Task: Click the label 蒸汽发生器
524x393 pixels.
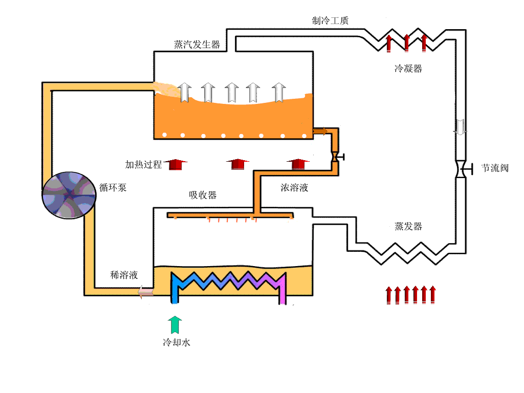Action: point(197,45)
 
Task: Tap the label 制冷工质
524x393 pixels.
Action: point(331,20)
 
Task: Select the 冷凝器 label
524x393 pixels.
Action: point(408,69)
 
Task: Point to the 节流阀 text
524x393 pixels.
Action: point(495,168)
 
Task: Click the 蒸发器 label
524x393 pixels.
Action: point(408,226)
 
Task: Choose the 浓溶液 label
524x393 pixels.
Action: point(294,188)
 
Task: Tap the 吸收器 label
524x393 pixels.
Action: point(203,195)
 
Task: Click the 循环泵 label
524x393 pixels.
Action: point(113,187)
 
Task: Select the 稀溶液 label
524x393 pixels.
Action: point(124,275)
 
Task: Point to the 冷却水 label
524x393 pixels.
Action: point(177,342)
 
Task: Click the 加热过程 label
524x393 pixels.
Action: point(144,164)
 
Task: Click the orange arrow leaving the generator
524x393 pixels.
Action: point(320,132)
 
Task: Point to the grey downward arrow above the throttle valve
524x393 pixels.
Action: point(461,127)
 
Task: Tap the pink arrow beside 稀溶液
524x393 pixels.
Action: point(145,292)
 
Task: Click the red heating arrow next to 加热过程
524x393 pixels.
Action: point(176,165)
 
